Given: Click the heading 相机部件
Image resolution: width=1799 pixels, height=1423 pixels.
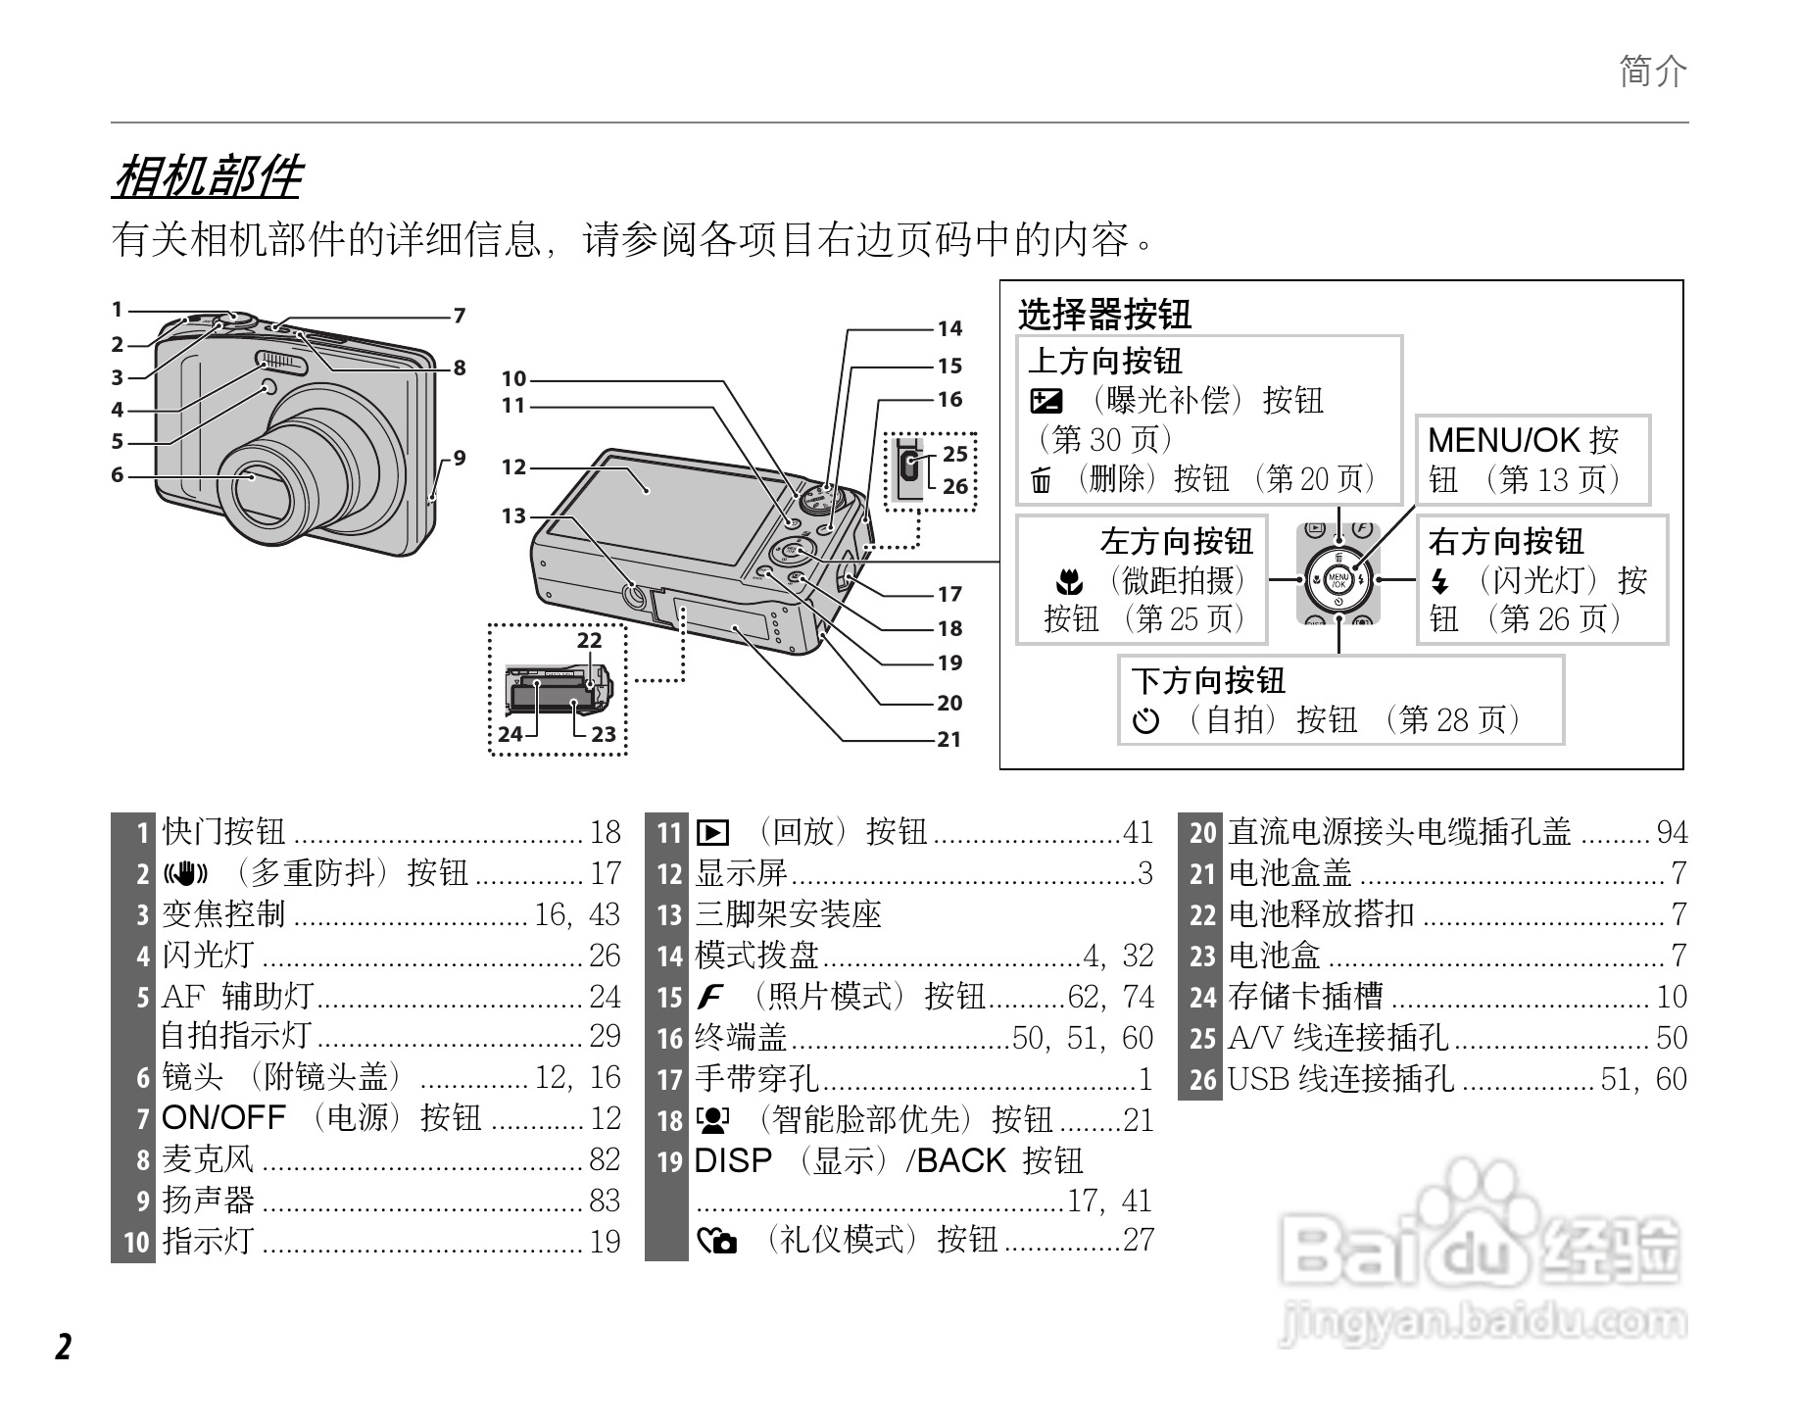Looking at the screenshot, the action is point(208,176).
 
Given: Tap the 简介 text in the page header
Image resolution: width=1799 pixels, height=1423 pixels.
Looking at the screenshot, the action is point(1653,72).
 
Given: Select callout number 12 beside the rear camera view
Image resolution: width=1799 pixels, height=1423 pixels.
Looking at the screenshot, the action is point(513,467).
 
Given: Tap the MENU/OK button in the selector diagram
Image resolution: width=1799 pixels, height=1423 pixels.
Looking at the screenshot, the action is point(1337,580).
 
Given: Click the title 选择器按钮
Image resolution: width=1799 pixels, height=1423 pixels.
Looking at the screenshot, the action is point(1104,315).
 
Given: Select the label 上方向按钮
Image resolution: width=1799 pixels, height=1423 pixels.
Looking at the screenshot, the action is point(1104,361).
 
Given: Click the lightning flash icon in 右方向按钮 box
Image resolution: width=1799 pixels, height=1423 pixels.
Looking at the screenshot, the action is point(1439,582).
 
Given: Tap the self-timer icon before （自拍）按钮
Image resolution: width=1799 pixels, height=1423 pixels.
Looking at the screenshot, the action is point(1145,722).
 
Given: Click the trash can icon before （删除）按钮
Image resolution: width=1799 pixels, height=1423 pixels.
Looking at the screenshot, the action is point(1041,480).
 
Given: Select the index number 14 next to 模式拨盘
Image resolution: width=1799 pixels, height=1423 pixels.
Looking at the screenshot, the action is point(669,956).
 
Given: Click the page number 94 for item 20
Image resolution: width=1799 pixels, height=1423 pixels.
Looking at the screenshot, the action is point(1672,832).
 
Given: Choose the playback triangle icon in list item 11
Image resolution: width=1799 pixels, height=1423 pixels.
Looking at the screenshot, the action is point(712,833).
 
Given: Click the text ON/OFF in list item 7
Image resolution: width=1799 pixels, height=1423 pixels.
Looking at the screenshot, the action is point(223,1118).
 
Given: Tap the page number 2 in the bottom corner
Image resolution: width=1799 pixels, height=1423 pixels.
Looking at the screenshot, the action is point(64,1348).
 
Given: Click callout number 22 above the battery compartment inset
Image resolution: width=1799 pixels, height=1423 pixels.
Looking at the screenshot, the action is point(589,640).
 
